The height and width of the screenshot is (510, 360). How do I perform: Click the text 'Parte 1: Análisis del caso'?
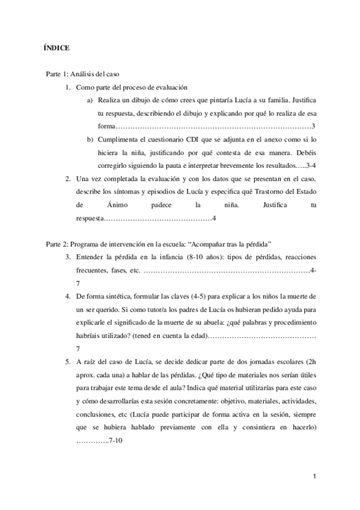(x=82, y=73)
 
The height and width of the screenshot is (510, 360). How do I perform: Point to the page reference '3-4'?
(x=307, y=165)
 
